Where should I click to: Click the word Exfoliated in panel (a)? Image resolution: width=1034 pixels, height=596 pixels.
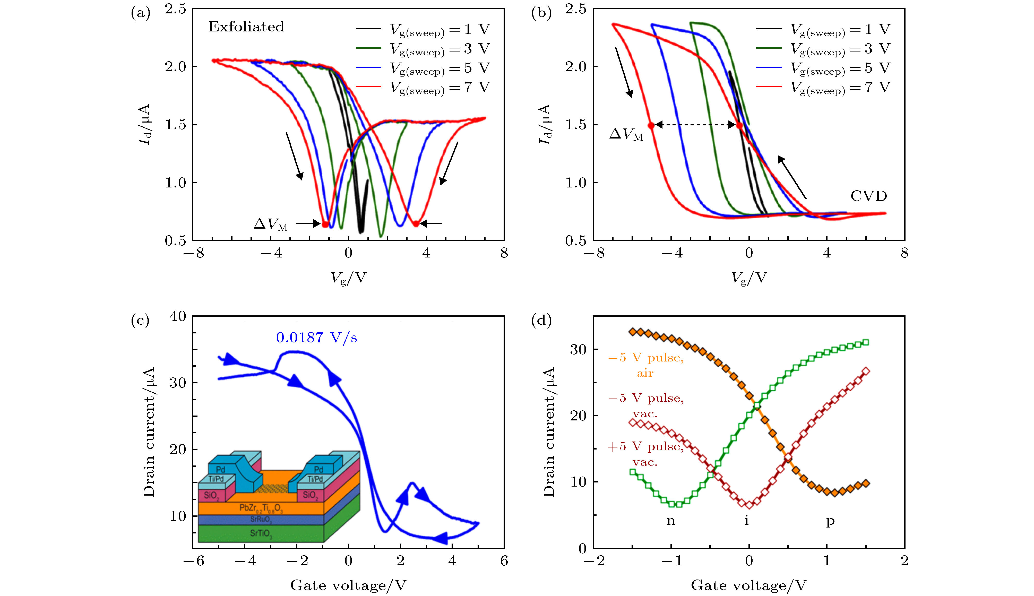click(x=246, y=27)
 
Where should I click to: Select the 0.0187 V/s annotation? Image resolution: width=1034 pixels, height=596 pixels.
click(x=316, y=338)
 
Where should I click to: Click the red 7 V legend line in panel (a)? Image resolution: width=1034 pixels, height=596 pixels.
click(x=368, y=87)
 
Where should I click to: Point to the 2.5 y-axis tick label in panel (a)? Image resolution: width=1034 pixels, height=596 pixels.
click(x=175, y=9)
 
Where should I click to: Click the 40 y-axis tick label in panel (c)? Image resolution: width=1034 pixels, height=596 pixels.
click(x=178, y=316)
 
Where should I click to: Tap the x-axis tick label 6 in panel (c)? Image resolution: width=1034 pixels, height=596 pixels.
click(x=504, y=561)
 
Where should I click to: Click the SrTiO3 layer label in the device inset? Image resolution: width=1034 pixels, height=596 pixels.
click(x=261, y=533)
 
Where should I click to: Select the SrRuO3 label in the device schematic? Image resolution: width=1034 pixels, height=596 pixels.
click(x=261, y=520)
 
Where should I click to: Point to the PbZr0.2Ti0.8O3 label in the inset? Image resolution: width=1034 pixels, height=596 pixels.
click(x=261, y=508)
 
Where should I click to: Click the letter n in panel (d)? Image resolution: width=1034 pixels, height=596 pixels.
click(x=670, y=521)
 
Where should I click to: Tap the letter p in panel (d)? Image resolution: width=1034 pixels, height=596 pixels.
click(x=830, y=522)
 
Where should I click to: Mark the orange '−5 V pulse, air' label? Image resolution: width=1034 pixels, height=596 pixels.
click(x=645, y=365)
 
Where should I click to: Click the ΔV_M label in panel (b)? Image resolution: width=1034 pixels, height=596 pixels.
click(x=626, y=134)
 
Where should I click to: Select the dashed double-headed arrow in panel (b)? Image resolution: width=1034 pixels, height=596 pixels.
click(x=695, y=125)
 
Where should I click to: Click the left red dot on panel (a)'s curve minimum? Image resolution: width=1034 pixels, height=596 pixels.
click(x=325, y=224)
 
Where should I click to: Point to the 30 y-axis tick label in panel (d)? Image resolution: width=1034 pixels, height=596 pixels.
click(x=578, y=350)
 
